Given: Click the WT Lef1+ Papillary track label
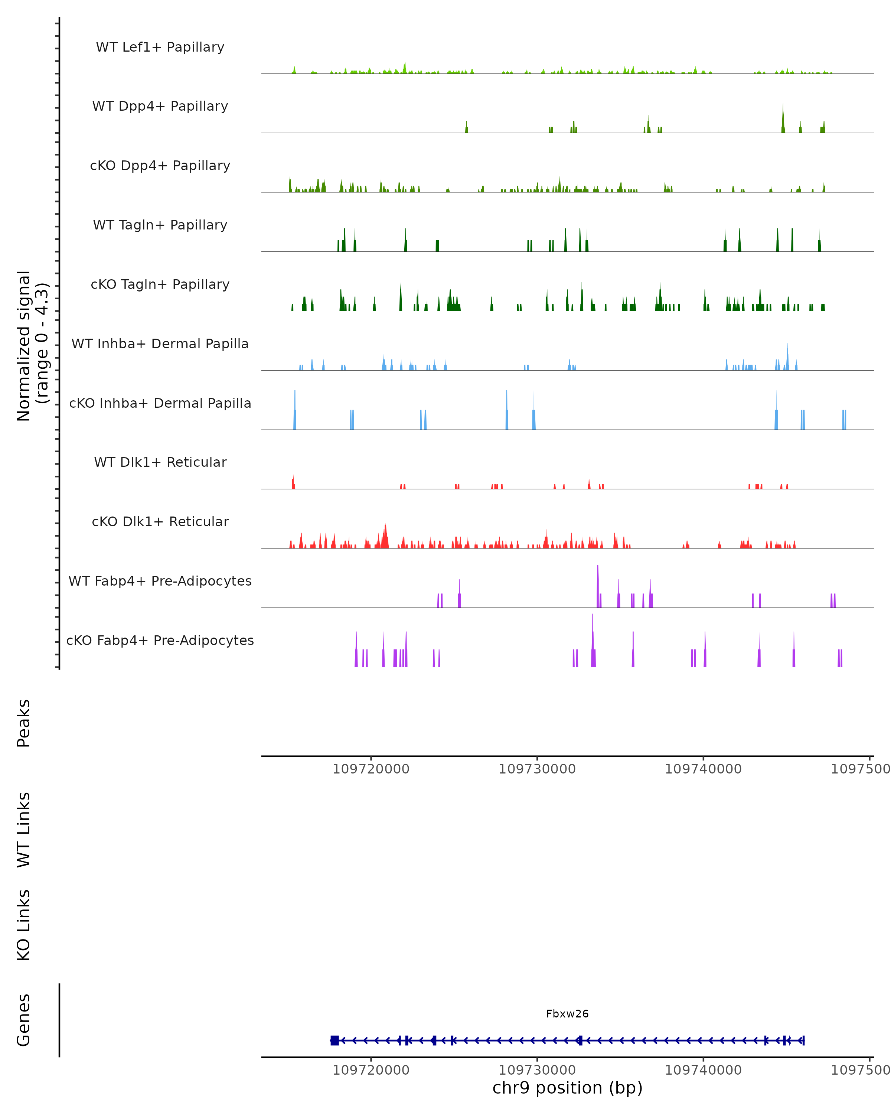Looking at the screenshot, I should point(160,47).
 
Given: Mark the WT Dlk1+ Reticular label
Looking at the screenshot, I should point(160,462).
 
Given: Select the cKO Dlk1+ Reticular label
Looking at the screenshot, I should point(160,521).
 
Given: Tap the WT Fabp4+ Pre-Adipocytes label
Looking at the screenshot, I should point(160,581).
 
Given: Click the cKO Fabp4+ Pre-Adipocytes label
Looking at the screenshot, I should point(160,640).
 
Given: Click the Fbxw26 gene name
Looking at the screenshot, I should point(567,1014).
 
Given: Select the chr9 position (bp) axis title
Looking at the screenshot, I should point(567,1088).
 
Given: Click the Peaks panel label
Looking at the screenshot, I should point(24,723).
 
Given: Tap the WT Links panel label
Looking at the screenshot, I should point(24,829).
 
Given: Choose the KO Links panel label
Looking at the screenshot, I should point(24,925).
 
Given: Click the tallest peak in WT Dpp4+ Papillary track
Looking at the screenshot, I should point(783,119).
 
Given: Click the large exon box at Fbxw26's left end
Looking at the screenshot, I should point(335,1040).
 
